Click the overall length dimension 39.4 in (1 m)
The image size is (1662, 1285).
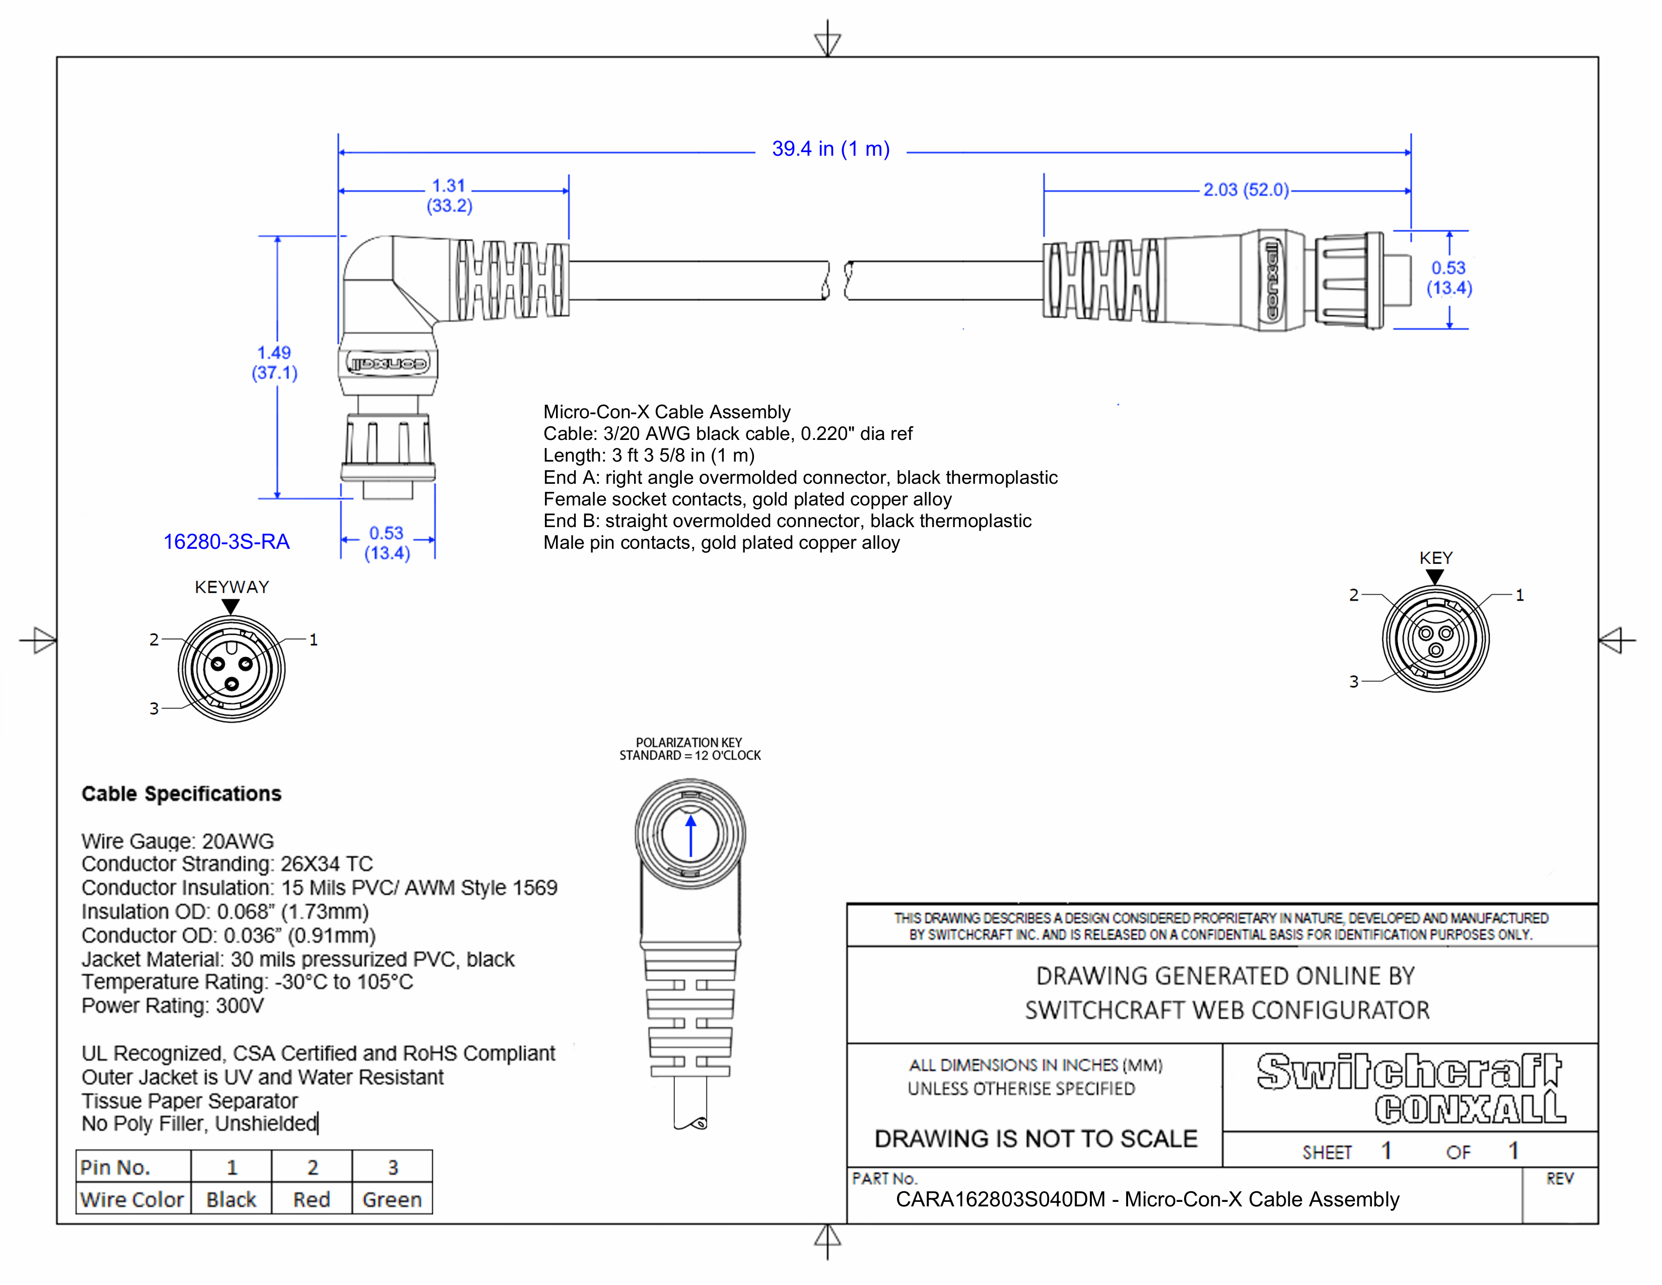pos(830,149)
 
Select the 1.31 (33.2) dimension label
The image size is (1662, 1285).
pos(449,196)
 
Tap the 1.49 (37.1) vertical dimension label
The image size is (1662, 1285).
pos(274,362)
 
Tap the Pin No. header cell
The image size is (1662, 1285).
pos(116,1167)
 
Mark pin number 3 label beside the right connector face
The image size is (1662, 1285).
pos(1353,681)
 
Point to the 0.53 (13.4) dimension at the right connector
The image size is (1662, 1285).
pos(1449,278)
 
